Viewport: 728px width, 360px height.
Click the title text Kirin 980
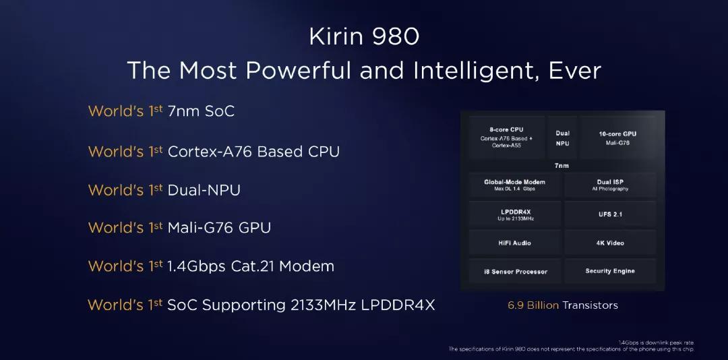[x=364, y=37]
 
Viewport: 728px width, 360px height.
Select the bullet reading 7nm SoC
[x=201, y=111]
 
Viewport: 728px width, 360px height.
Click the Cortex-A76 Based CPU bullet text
[x=253, y=152]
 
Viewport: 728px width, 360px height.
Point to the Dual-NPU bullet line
[x=204, y=189]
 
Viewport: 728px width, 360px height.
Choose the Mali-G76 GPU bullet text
[x=219, y=228]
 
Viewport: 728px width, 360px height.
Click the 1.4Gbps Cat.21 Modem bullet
[x=251, y=266]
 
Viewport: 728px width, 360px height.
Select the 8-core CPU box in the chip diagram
[x=506, y=138]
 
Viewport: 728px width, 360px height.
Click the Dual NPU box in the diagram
[x=562, y=138]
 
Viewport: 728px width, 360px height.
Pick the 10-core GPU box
[x=617, y=138]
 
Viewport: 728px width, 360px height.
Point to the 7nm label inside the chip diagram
[x=562, y=166]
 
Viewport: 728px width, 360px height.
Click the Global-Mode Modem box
[x=515, y=185]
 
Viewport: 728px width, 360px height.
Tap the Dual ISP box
[x=610, y=185]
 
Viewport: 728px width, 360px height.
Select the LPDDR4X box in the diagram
[x=515, y=214]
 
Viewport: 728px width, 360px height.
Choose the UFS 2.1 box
[x=610, y=214]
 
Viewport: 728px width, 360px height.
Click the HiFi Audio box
[x=515, y=243]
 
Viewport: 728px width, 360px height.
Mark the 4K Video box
[x=610, y=243]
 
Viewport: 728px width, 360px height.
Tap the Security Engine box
[x=610, y=271]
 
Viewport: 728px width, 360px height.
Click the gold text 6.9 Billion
[x=533, y=305]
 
